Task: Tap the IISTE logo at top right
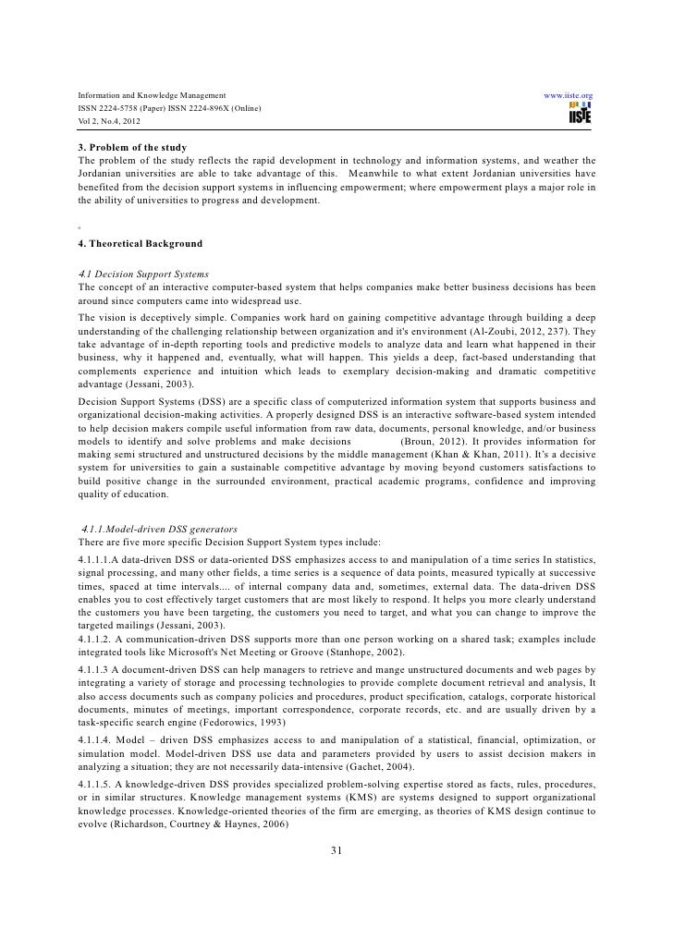pos(581,115)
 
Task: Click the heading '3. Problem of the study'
pos(133,148)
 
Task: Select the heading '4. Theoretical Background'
pos(140,244)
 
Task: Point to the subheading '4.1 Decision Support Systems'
pos(144,275)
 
